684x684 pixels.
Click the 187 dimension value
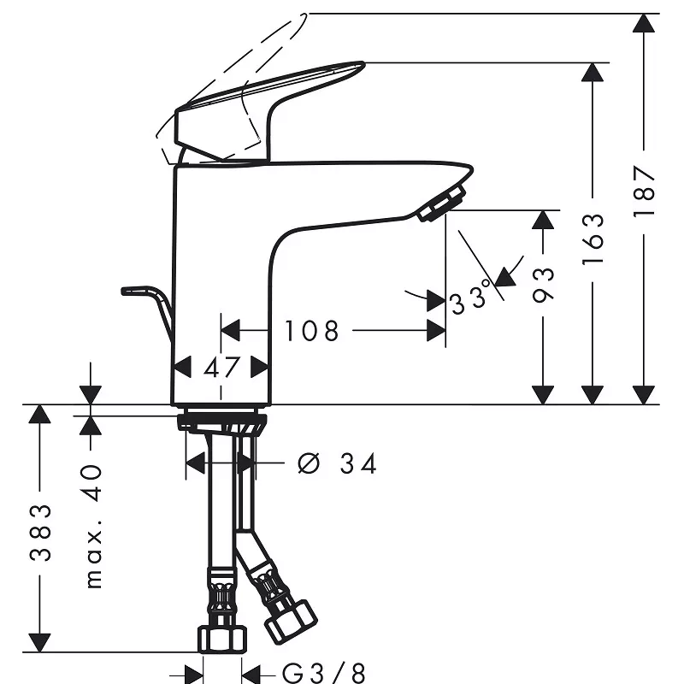[644, 191]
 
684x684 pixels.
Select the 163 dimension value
[593, 239]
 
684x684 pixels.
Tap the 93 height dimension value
[543, 285]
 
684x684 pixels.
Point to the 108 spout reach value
[311, 331]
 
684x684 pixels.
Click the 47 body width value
[221, 368]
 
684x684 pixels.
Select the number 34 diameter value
[357, 463]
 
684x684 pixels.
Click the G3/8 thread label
[324, 673]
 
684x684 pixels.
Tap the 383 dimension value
[40, 532]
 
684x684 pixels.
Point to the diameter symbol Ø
[309, 463]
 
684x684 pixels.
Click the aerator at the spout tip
[441, 203]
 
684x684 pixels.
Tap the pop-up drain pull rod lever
[147, 312]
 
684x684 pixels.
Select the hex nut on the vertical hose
[222, 640]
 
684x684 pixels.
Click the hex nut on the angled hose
[291, 622]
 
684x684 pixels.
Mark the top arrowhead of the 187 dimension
[644, 23]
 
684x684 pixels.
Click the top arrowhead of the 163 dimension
[593, 72]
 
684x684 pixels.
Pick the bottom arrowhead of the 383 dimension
[39, 643]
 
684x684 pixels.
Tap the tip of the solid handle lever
[363, 63]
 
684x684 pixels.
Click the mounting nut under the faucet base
[222, 422]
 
